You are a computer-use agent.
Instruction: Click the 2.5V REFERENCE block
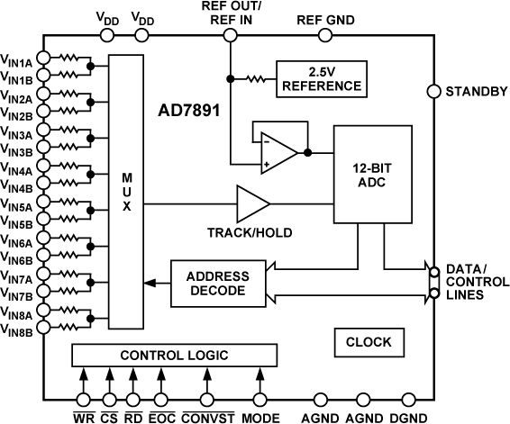coord(322,79)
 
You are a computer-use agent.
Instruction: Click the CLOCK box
coord(369,342)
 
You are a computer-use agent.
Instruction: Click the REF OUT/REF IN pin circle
coord(230,35)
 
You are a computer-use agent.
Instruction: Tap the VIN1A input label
coord(17,62)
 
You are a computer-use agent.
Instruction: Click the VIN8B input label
coord(17,332)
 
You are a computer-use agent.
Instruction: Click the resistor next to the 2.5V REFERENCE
coord(257,79)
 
